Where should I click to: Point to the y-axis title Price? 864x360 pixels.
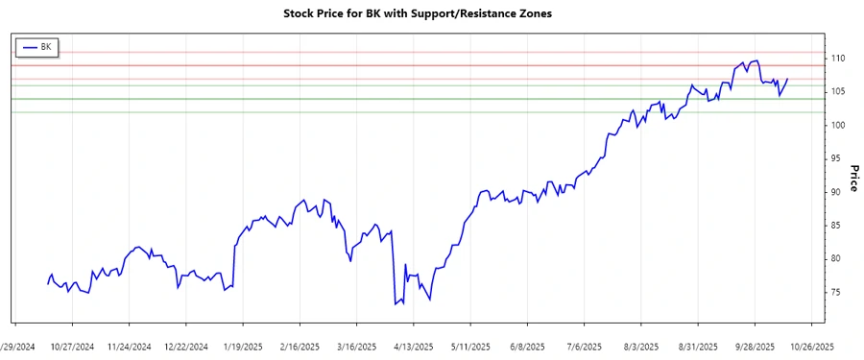coord(853,179)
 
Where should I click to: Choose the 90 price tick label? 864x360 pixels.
coord(836,192)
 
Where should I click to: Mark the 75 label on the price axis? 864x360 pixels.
coord(836,292)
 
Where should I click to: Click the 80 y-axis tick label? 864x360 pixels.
coord(836,258)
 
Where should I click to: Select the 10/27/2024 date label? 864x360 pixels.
coord(72,347)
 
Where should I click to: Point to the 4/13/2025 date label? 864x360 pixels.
coord(414,347)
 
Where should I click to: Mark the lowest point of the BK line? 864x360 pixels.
coord(395,304)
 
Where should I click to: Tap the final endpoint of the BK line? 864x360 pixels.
coord(788,79)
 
